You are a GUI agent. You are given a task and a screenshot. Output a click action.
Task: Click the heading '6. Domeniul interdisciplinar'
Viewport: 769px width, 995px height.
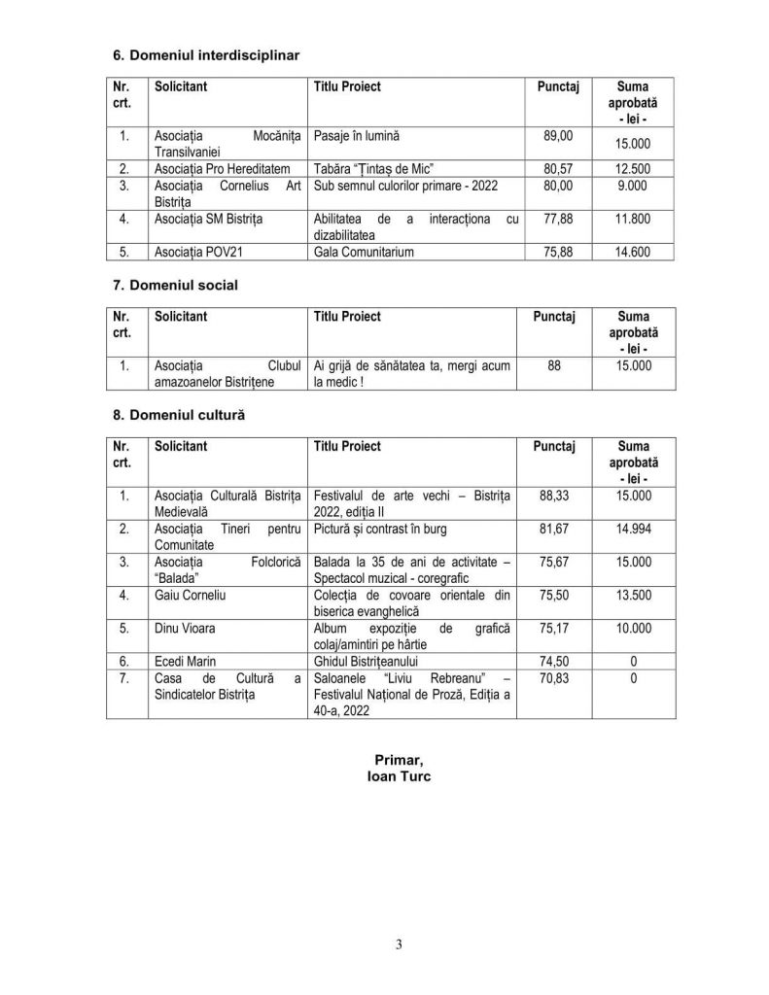[206, 55]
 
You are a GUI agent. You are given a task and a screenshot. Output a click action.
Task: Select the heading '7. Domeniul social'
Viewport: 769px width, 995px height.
[175, 286]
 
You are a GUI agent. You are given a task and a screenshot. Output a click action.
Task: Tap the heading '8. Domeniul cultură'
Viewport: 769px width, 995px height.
[179, 414]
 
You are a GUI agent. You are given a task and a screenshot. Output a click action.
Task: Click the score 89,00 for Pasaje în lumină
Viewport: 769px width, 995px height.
[558, 137]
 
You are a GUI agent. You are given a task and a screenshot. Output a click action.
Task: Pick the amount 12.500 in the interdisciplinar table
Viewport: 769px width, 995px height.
[633, 168]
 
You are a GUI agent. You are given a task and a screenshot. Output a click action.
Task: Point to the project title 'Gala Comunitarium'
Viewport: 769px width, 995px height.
[363, 252]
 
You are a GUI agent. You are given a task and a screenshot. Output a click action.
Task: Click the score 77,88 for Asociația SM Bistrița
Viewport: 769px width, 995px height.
[558, 219]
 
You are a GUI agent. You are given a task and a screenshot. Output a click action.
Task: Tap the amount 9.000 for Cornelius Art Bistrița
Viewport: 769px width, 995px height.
[633, 185]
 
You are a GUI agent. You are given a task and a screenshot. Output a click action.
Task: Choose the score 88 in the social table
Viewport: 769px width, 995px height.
[554, 366]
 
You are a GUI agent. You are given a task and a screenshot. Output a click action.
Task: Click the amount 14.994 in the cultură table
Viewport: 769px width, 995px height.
[633, 529]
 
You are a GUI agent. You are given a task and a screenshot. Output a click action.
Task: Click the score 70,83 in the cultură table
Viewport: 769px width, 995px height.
[554, 678]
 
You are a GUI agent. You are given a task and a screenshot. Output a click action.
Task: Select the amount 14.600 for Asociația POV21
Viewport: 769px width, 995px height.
[633, 252]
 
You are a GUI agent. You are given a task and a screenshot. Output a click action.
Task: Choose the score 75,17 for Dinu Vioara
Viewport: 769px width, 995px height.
[554, 628]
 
